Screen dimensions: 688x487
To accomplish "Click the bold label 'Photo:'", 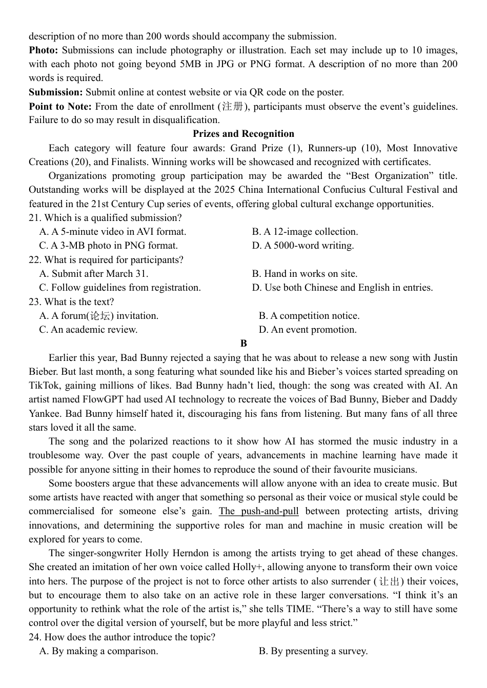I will point(44,50).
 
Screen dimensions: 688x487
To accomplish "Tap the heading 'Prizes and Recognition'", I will point(243,134).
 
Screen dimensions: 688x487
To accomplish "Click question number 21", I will point(35,218).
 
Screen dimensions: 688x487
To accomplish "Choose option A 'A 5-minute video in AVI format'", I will point(113,232).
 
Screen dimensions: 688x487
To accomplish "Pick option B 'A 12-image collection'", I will point(305,232).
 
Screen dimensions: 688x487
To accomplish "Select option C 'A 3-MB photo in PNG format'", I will point(109,246).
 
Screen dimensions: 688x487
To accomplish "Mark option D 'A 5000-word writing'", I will point(303,246).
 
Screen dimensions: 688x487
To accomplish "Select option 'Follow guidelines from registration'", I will point(120,288).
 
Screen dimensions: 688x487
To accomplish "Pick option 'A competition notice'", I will point(309,316).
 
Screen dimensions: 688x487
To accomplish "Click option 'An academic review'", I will point(88,330).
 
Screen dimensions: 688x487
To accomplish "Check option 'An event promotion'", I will point(308,330).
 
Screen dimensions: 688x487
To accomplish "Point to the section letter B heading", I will point(243,343).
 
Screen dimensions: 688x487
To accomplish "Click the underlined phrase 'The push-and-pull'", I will point(259,511).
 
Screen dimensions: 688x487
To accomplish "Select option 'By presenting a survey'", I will point(313,651).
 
